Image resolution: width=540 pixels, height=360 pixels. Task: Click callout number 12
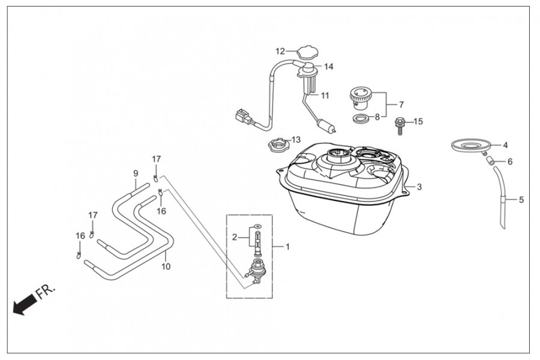(x=280, y=50)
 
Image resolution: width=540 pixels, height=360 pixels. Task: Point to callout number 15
(x=418, y=121)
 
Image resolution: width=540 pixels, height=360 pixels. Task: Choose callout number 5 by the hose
(x=521, y=200)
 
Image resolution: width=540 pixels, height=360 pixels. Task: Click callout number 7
(x=401, y=104)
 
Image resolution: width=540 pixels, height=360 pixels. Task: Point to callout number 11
(x=325, y=95)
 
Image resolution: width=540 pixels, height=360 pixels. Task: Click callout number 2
(x=235, y=238)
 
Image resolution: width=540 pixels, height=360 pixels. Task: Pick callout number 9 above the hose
(x=136, y=173)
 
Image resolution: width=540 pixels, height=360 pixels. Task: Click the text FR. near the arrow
(x=46, y=292)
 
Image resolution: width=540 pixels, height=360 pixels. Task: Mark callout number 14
(x=328, y=66)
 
